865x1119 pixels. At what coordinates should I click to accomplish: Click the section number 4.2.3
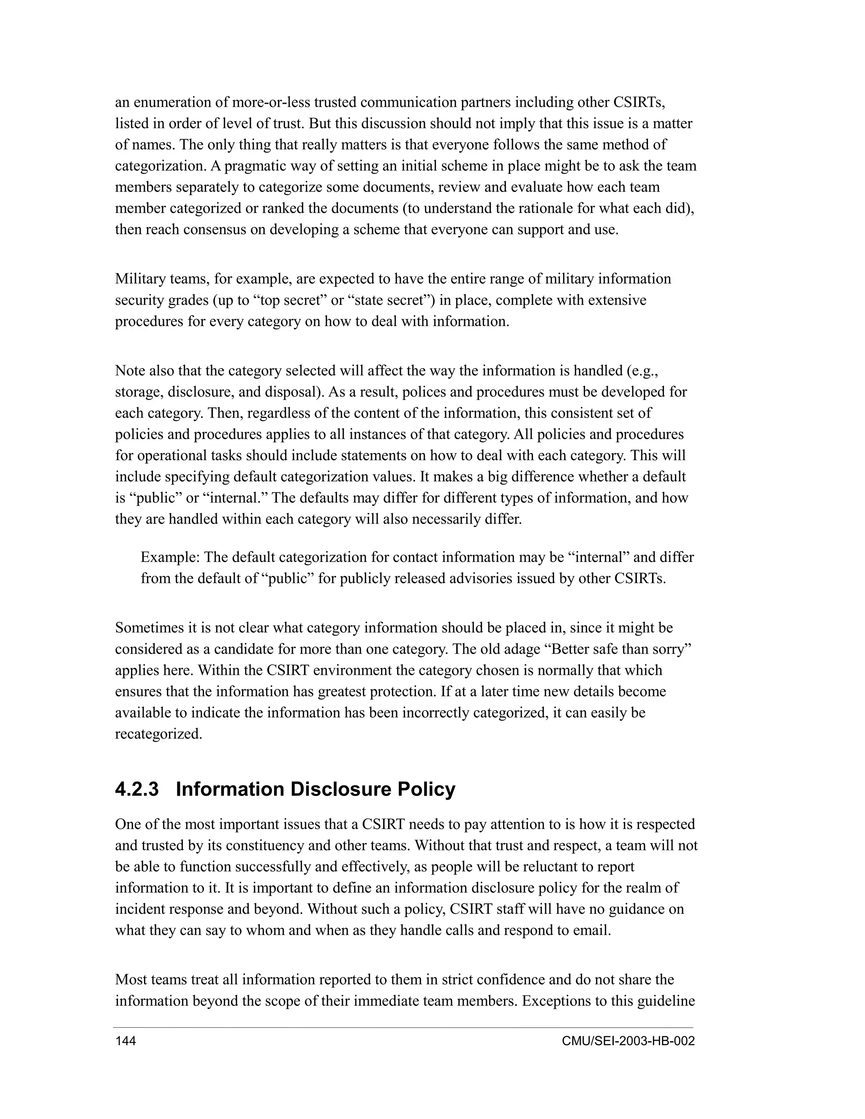137,790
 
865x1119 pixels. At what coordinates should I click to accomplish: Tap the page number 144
125,1041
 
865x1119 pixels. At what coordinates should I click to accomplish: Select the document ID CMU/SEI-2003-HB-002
628,1041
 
